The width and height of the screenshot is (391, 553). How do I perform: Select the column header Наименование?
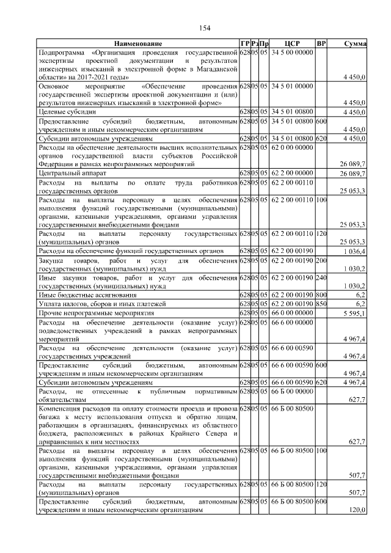tap(137, 44)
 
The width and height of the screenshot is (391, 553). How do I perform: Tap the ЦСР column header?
tap(292, 44)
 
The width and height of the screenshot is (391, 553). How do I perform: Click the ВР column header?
tap(321, 44)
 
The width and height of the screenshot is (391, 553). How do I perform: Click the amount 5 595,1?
tap(356, 313)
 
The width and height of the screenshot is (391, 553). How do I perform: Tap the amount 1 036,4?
tap(356, 251)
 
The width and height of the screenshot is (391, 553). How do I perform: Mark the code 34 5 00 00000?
tap(292, 53)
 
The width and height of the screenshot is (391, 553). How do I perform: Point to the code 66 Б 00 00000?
tap(292, 391)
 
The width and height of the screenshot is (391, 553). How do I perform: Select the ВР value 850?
tap(321, 304)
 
